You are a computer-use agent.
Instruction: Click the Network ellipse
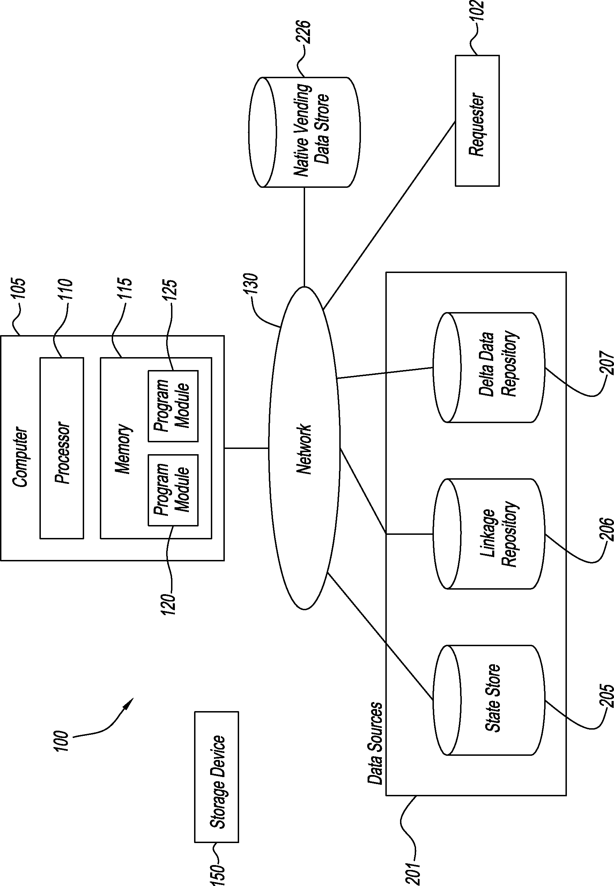tap(304, 448)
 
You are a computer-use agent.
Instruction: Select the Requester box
tap(477, 121)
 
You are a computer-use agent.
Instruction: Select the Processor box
tap(62, 448)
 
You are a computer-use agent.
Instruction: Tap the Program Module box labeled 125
tap(173, 406)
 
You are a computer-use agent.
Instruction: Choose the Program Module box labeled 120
tap(173, 490)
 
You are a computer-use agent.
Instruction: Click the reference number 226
tap(303, 31)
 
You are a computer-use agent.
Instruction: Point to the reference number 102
tap(478, 8)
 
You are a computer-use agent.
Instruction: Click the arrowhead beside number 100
tap(129, 704)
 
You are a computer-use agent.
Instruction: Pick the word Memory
tap(124, 449)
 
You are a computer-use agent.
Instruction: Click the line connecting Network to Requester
tap(389, 215)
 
